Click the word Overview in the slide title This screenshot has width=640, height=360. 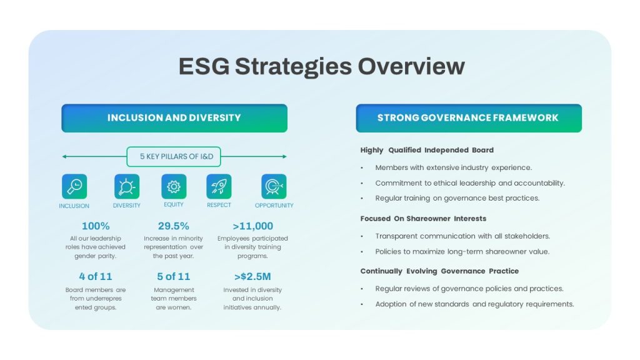[411, 66]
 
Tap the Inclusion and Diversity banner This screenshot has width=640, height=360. [174, 118]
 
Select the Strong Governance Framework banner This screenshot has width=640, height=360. [469, 118]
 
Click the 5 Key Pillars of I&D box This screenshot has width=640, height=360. [174, 157]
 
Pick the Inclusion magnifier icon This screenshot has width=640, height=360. [74, 186]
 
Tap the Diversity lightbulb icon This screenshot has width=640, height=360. [126, 186]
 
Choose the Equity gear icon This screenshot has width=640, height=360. [174, 186]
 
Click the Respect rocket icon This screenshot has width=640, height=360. [219, 186]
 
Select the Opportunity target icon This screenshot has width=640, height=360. [274, 186]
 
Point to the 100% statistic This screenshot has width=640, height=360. [96, 226]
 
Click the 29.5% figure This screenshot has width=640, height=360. [174, 226]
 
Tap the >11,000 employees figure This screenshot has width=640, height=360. [252, 226]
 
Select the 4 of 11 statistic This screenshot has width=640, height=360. [96, 277]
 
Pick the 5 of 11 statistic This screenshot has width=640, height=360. [174, 277]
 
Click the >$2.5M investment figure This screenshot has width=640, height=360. [252, 277]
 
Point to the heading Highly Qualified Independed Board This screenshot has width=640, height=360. [427, 150]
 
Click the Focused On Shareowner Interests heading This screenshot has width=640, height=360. [423, 219]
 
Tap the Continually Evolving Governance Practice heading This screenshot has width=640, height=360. [439, 271]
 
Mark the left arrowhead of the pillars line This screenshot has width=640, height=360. [64, 156]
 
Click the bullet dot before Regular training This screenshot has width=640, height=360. [362, 199]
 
